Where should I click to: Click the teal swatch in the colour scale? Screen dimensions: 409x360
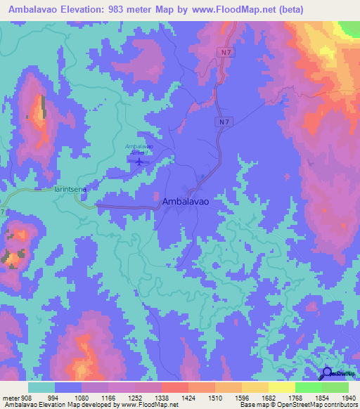tap(41, 387)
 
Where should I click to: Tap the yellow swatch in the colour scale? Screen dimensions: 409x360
tap(281, 387)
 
